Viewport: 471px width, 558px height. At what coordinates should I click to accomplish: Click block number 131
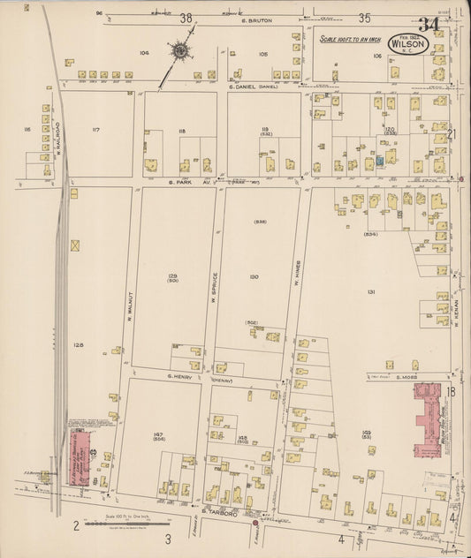pyautogui.click(x=372, y=291)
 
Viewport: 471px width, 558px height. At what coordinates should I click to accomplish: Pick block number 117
pyautogui.click(x=95, y=131)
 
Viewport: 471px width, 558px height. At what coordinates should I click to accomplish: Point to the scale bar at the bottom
pyautogui.click(x=122, y=527)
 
